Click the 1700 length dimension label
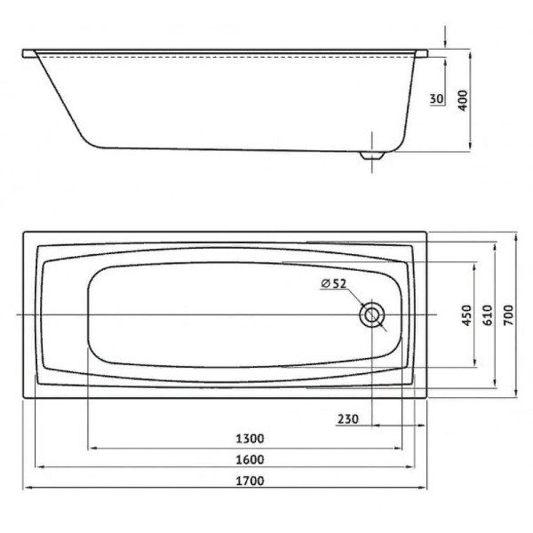pos(250,481)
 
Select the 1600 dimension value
pos(250,459)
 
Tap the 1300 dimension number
pos(250,439)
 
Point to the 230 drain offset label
pos(347,418)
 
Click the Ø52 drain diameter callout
pos(333,283)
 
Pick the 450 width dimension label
pos(467,315)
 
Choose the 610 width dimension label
pos(488,315)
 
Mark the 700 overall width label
pos(508,315)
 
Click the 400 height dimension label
pos(463,100)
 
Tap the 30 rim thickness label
pos(437,99)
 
